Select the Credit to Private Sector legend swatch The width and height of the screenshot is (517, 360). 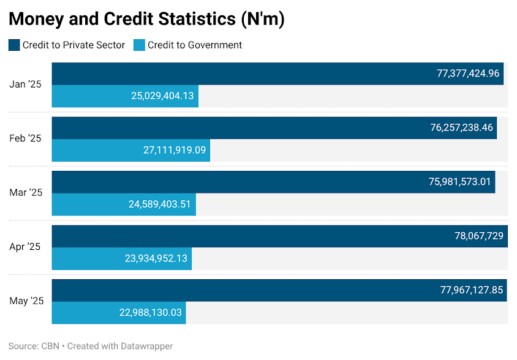tap(14, 45)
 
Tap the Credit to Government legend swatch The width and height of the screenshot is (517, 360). tap(139, 45)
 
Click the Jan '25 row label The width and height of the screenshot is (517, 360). tap(25, 84)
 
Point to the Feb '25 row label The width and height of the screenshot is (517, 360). tap(25, 138)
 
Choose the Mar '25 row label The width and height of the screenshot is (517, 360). tap(26, 192)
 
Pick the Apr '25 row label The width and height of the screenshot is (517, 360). tap(25, 247)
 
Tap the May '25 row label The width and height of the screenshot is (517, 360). tap(26, 301)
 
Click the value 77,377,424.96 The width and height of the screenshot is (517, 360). tap(468, 73)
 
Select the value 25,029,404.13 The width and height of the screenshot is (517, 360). tap(162, 96)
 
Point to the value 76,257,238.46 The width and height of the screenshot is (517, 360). tap(462, 127)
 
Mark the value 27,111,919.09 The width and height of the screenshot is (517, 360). tap(175, 150)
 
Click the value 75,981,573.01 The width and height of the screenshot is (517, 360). tap(460, 182)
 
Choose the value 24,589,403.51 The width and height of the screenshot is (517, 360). tap(160, 204)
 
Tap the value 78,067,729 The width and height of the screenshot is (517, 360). tap(479, 236)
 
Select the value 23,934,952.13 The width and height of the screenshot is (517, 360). tap(156, 258)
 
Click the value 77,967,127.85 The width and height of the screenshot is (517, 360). tap(472, 290)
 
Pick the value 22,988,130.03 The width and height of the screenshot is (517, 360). tap(151, 312)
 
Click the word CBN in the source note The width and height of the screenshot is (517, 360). tap(50, 346)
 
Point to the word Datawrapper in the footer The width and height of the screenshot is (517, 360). tap(147, 347)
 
